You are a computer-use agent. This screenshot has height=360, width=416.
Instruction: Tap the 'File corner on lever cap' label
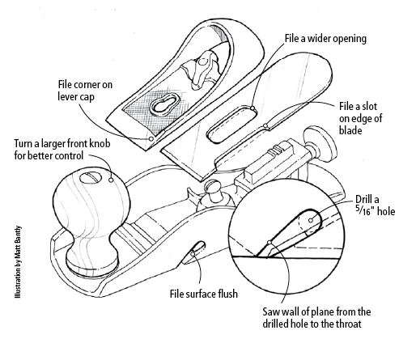79,89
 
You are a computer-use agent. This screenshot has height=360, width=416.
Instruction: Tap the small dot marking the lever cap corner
151,138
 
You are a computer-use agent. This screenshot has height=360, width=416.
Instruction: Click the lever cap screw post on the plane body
215,193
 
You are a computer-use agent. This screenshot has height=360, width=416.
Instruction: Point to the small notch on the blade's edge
267,125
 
